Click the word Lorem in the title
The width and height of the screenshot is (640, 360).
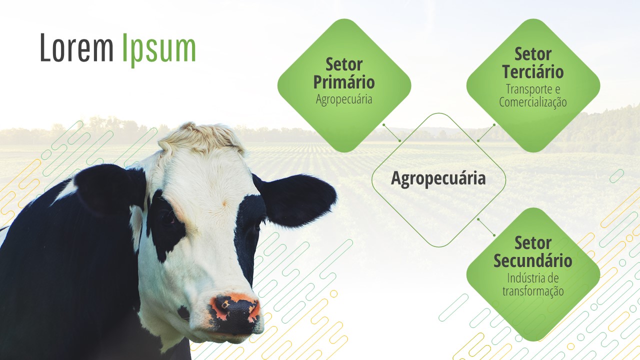[76, 47]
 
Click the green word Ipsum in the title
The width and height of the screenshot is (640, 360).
[159, 50]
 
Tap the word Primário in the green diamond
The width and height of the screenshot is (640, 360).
[344, 82]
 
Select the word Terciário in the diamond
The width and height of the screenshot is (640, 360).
[533, 71]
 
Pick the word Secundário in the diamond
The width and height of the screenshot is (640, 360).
[533, 260]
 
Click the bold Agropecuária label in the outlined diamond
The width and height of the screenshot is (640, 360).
[438, 179]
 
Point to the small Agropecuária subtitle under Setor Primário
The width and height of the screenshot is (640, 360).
[344, 99]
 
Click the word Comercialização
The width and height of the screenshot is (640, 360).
[533, 102]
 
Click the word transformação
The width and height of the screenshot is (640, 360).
[533, 291]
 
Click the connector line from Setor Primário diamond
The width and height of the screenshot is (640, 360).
[391, 132]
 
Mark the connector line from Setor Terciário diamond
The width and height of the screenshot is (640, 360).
[486, 132]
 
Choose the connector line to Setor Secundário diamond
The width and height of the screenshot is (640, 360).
[486, 227]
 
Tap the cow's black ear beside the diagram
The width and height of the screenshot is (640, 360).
[297, 200]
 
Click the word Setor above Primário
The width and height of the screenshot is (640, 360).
[344, 64]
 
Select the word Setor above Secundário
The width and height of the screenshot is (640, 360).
[533, 243]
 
